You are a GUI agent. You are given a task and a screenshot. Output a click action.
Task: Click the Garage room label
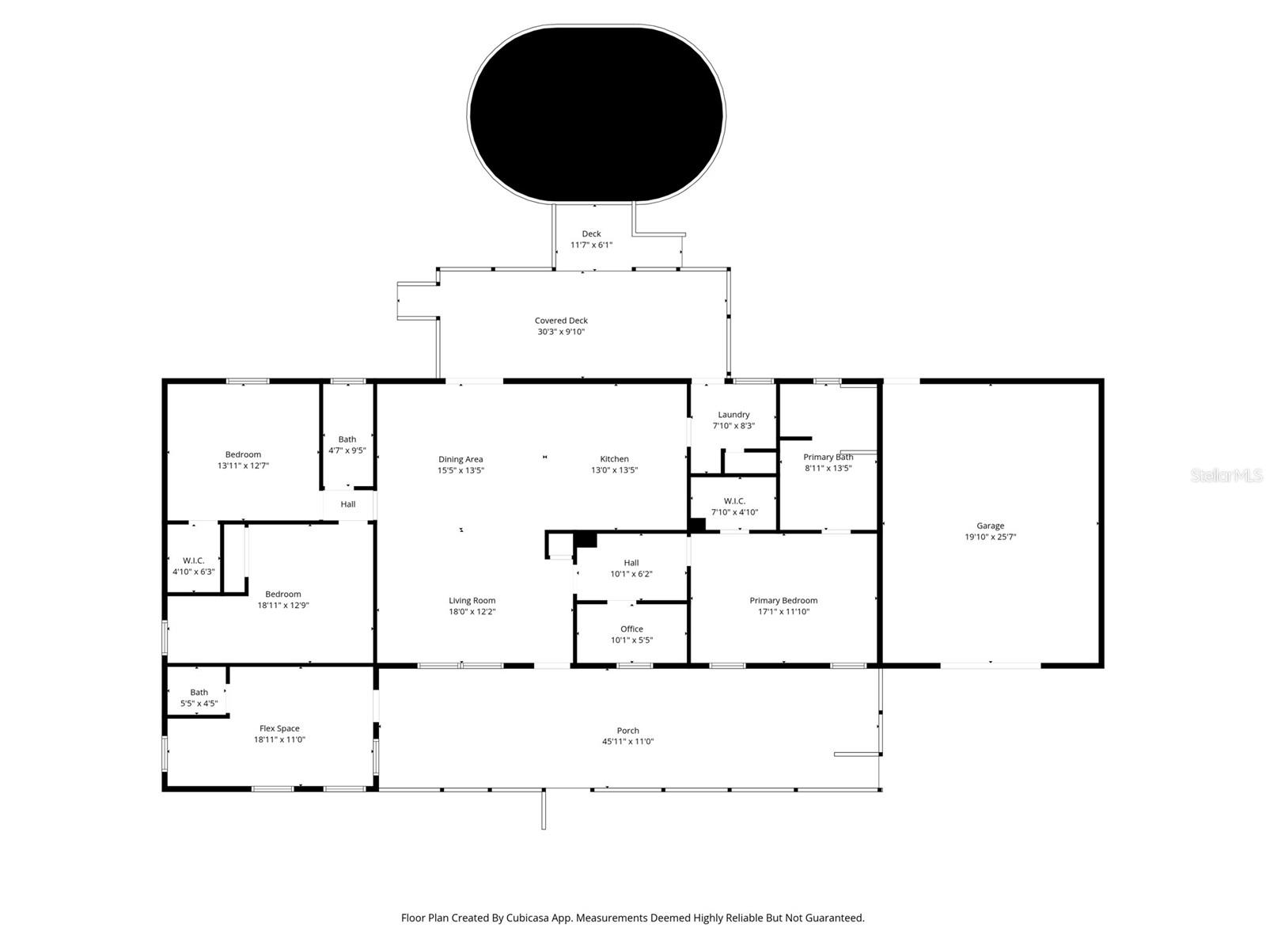(990, 526)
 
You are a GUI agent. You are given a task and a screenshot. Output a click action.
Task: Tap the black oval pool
(596, 115)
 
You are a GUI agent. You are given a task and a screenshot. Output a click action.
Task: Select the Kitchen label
(614, 459)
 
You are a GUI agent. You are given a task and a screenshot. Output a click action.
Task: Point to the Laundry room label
(733, 415)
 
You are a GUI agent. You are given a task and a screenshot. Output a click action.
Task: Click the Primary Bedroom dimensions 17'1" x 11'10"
(783, 612)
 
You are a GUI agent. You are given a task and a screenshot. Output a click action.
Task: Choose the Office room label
(631, 629)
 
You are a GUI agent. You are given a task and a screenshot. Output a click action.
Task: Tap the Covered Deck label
(561, 321)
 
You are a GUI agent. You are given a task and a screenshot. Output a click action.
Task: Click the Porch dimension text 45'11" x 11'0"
(627, 742)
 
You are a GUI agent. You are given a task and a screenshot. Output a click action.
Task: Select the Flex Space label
(279, 728)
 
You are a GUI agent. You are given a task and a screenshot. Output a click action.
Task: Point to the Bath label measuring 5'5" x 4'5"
(199, 692)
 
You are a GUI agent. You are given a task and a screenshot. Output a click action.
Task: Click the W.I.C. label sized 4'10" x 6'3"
(194, 560)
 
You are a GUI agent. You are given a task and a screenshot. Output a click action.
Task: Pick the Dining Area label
(461, 459)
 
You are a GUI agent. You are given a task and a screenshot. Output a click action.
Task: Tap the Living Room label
(472, 601)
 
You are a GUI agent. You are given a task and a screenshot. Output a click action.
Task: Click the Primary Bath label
(828, 457)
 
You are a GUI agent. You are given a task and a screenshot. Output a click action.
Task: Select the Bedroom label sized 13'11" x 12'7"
(243, 454)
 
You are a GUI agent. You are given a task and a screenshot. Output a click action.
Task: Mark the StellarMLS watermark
(1226, 476)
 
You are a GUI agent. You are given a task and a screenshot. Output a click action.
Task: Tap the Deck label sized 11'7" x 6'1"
(591, 234)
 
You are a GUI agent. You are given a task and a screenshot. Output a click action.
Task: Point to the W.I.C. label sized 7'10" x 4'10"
(734, 501)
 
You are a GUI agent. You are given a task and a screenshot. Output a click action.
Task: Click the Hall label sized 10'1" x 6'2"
(631, 563)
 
